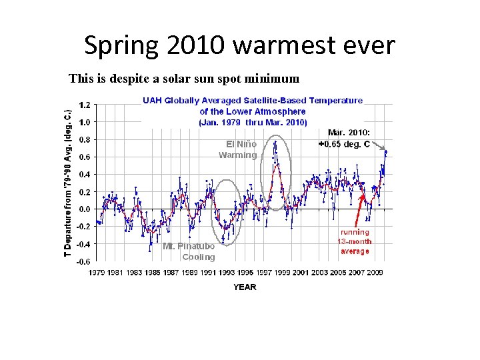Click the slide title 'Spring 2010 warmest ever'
[x=239, y=45]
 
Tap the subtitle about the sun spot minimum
[x=184, y=79]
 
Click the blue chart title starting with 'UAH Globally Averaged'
[x=253, y=111]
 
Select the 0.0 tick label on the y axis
[x=85, y=209]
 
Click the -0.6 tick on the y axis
[x=83, y=261]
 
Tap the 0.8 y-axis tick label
[x=85, y=140]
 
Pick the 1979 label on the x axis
[x=97, y=272]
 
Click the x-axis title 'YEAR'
[x=244, y=287]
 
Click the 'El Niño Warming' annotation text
[x=239, y=149]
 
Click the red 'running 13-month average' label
[x=354, y=241]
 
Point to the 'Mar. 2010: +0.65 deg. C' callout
[x=349, y=139]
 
